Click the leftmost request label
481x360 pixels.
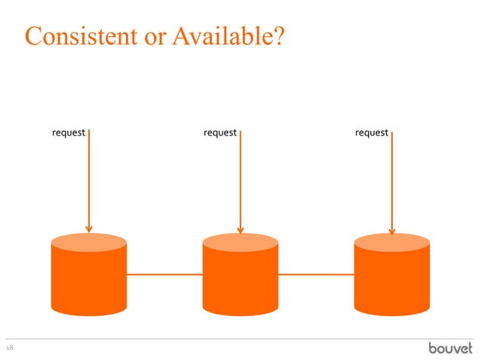click(68, 133)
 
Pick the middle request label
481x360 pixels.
click(220, 133)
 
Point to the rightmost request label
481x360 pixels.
click(372, 133)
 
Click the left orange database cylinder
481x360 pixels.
click(88, 279)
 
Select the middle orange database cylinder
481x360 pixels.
click(240, 279)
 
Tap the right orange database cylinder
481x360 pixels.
click(392, 279)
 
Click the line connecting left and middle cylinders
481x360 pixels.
click(164, 275)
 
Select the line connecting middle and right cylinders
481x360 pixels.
click(316, 275)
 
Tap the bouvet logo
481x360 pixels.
click(451, 348)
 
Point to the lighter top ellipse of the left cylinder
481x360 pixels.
click(88, 242)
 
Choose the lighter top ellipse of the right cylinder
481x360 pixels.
click(392, 242)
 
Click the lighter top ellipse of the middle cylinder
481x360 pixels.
click(240, 242)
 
